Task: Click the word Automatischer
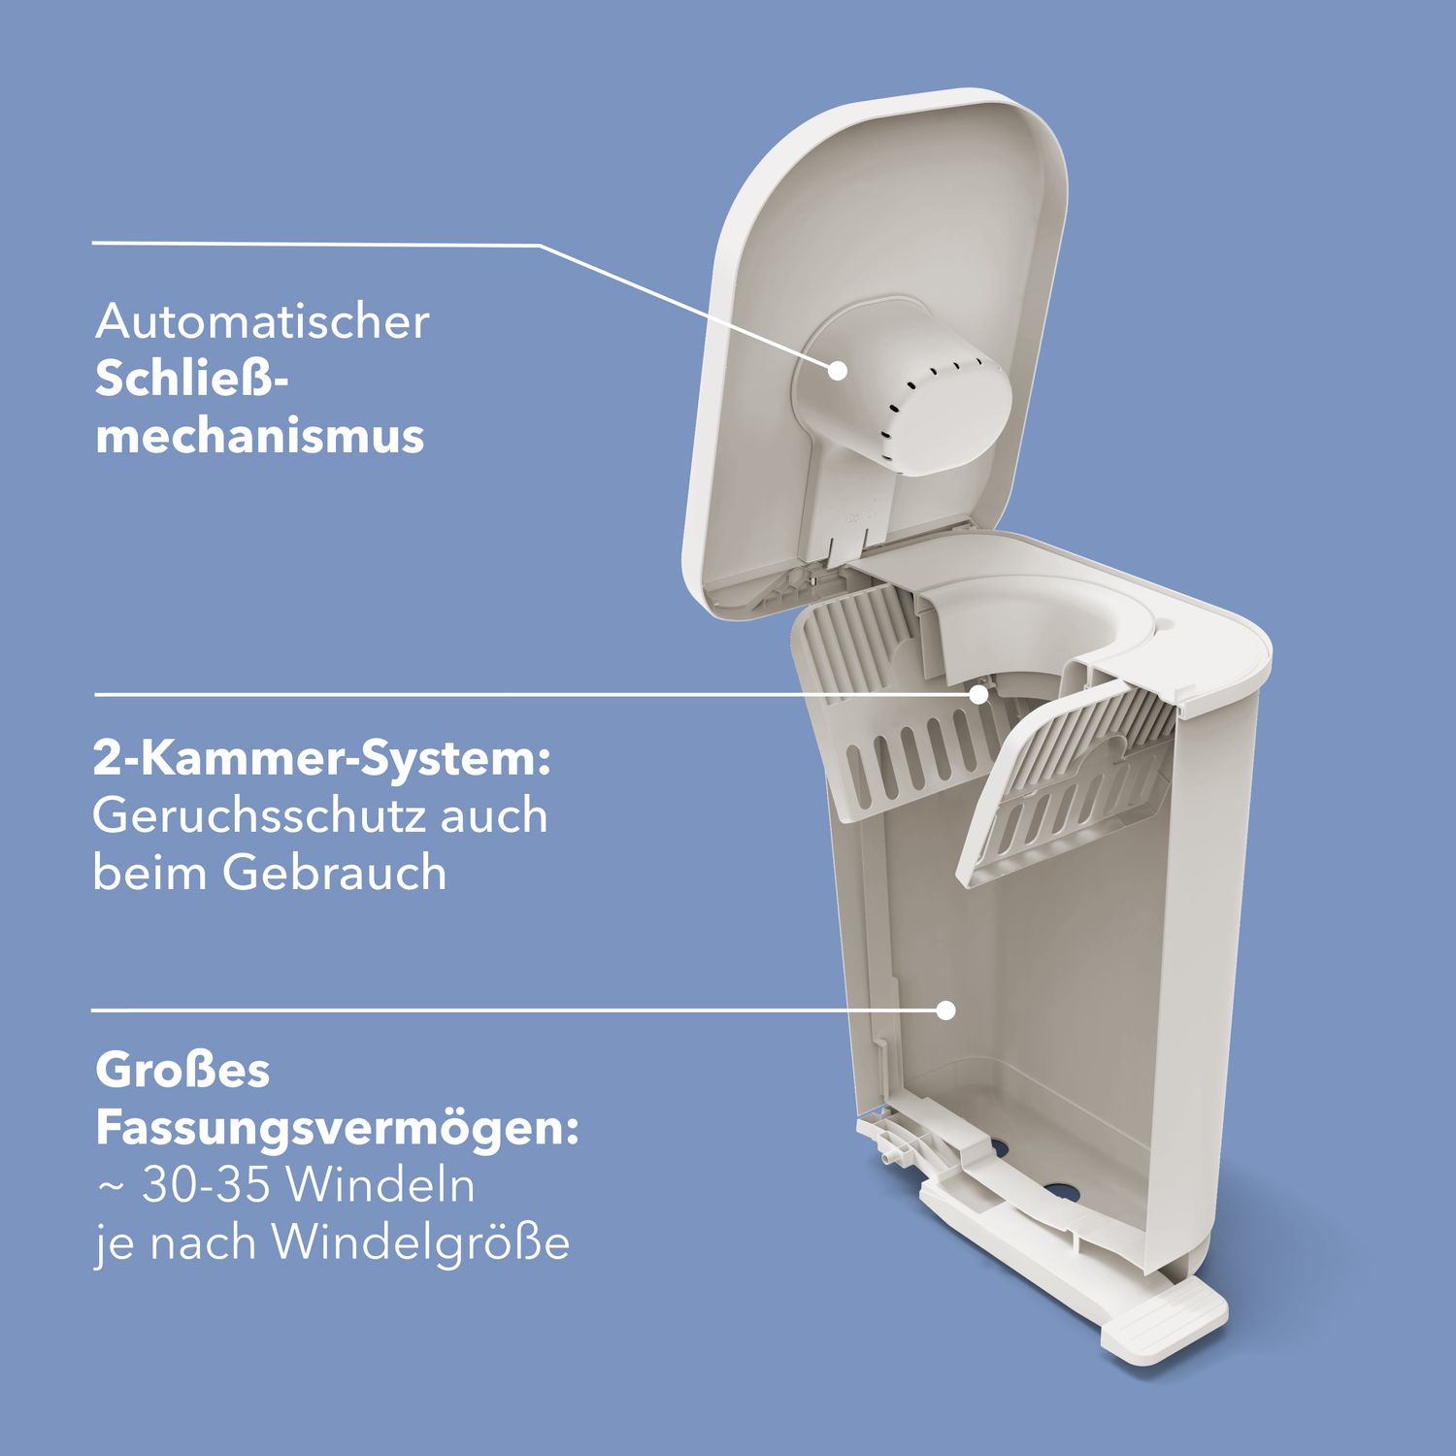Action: [262, 321]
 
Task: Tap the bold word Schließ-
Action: [192, 379]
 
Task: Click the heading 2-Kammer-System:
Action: [322, 759]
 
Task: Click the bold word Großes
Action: [182, 1070]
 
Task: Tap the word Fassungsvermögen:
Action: [337, 1130]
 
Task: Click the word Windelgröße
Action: [420, 1243]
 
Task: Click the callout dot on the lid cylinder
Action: [838, 370]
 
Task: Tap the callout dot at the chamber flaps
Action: [978, 694]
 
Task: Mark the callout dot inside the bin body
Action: [946, 1010]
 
